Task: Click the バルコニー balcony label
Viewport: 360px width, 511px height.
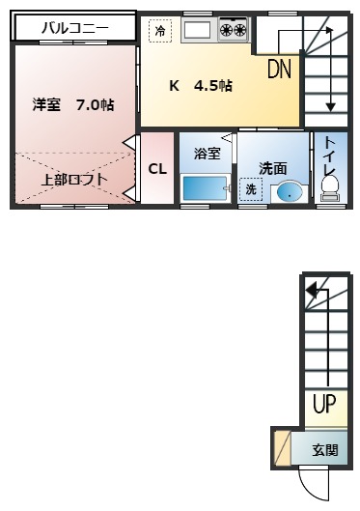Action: tap(74, 28)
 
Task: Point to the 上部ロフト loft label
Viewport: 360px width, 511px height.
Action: tap(73, 179)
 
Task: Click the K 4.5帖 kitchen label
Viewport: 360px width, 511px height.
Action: tap(200, 86)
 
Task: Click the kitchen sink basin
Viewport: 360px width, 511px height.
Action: tap(198, 30)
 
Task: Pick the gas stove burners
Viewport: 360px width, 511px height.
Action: tap(233, 30)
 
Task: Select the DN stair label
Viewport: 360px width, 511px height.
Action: tap(279, 69)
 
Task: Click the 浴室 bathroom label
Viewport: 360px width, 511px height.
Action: tap(207, 154)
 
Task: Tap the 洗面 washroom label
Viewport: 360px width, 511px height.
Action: tap(273, 167)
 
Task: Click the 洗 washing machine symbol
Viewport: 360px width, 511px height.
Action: tap(251, 189)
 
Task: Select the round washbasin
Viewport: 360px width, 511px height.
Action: tap(287, 191)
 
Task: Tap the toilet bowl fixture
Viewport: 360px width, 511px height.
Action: tap(330, 185)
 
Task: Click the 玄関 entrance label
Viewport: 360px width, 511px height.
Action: tap(324, 449)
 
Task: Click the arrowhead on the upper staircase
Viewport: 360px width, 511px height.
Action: tap(331, 105)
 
